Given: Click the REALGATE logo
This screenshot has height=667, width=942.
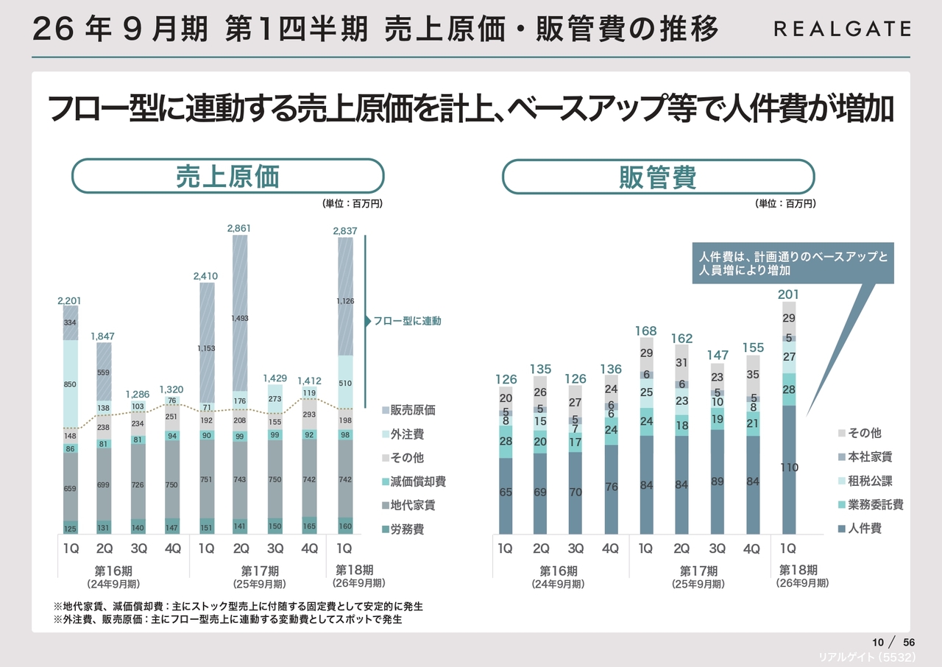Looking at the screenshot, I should [x=842, y=29].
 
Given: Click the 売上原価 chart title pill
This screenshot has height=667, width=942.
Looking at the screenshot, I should [x=227, y=177].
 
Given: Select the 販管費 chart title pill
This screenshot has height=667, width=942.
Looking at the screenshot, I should [x=658, y=177].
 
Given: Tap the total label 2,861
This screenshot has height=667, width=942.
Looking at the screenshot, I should [x=239, y=229].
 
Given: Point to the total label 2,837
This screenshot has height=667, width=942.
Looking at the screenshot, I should [x=344, y=231].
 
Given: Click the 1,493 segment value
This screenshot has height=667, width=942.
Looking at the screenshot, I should [x=239, y=319].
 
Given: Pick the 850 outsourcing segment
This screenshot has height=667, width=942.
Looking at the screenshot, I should [x=71, y=384].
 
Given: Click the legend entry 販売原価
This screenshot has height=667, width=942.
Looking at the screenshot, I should [x=412, y=410].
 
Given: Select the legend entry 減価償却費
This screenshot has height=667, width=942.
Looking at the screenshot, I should [x=417, y=481].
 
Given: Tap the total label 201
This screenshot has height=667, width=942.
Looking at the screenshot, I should [x=788, y=294].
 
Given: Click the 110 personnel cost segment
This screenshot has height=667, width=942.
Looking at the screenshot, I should [x=789, y=467].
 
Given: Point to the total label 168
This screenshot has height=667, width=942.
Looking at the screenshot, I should [x=646, y=331].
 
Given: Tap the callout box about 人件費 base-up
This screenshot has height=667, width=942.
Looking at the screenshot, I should [x=793, y=264].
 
